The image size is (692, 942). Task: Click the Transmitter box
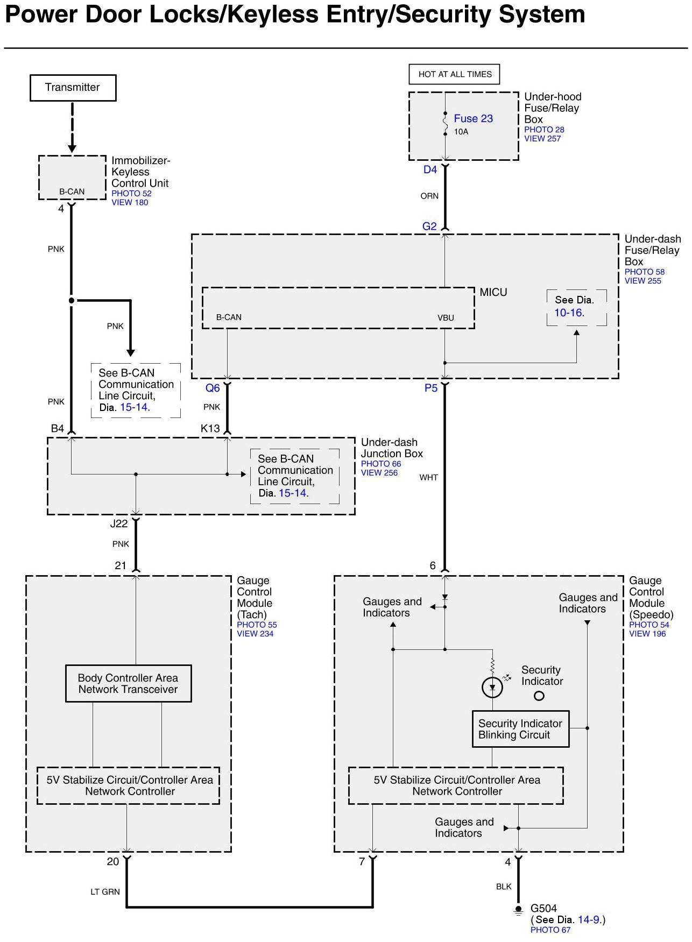[x=73, y=88]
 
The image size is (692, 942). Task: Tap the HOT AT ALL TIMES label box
[x=455, y=74]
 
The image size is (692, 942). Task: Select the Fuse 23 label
[x=473, y=118]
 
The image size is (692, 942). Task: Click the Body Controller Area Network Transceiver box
[x=128, y=684]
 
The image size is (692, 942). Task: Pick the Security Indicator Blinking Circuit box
[x=520, y=729]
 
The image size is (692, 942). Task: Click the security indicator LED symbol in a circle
[x=492, y=687]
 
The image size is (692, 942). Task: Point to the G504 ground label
[x=543, y=909]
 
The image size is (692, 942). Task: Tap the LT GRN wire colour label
[x=105, y=892]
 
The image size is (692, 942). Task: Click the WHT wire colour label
[x=429, y=477]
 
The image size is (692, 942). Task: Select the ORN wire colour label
[x=429, y=196]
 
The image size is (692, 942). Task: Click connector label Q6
[x=213, y=388]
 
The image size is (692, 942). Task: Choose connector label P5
[x=431, y=388]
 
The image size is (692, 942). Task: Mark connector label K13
[x=210, y=428]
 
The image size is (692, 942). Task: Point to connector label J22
[x=119, y=523]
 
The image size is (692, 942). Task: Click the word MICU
[x=493, y=292]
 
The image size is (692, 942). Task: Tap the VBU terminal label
[x=446, y=317]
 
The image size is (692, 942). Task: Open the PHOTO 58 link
[x=644, y=272]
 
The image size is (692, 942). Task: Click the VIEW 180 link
[x=130, y=202]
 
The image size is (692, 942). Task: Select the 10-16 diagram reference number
[x=568, y=313]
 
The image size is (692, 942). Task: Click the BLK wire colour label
[x=504, y=887]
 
